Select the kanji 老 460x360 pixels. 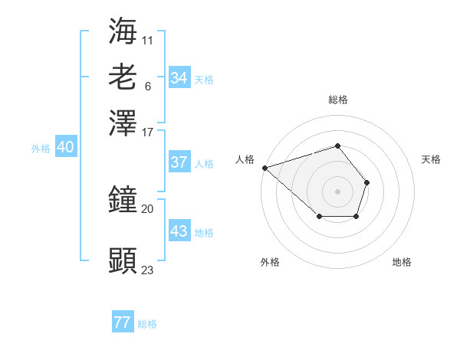(x=123, y=77)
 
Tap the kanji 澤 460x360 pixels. (x=123, y=122)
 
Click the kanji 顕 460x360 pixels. (x=123, y=261)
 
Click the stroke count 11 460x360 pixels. (x=148, y=39)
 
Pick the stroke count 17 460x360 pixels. (x=148, y=131)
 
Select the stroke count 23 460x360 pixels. (x=148, y=270)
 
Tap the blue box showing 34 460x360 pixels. (x=179, y=78)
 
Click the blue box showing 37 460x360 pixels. (x=179, y=162)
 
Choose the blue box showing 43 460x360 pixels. (x=179, y=231)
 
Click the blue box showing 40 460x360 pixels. (x=65, y=148)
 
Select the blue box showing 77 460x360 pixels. (x=123, y=322)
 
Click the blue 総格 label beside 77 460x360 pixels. (x=147, y=324)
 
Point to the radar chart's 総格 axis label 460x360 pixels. (x=337, y=100)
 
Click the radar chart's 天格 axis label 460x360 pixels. (x=431, y=159)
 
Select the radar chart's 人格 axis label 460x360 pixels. (x=245, y=159)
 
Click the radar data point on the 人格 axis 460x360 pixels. (x=264, y=167)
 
